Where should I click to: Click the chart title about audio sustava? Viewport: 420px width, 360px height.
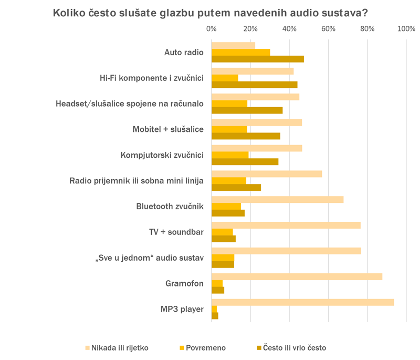pyautogui.click(x=210, y=13)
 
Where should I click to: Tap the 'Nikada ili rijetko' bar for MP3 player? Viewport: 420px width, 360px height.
pyautogui.click(x=302, y=302)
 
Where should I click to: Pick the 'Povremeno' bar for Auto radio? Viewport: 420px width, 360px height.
pyautogui.click(x=240, y=52)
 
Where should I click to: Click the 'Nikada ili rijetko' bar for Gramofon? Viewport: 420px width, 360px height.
pyautogui.click(x=297, y=276)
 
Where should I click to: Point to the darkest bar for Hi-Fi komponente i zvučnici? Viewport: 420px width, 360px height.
pyautogui.click(x=254, y=85)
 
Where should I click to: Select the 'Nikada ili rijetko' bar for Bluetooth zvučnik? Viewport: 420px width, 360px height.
pyautogui.click(x=277, y=200)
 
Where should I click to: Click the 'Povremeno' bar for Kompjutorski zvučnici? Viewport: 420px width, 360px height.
pyautogui.click(x=230, y=155)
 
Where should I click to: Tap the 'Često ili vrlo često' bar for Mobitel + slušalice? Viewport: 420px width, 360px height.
pyautogui.click(x=246, y=136)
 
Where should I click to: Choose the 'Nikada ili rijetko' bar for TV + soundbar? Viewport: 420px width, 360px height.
pyautogui.click(x=286, y=225)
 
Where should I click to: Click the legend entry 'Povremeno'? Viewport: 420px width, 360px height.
pyautogui.click(x=205, y=347)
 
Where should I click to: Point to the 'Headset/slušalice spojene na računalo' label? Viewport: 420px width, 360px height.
pyautogui.click(x=130, y=104)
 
